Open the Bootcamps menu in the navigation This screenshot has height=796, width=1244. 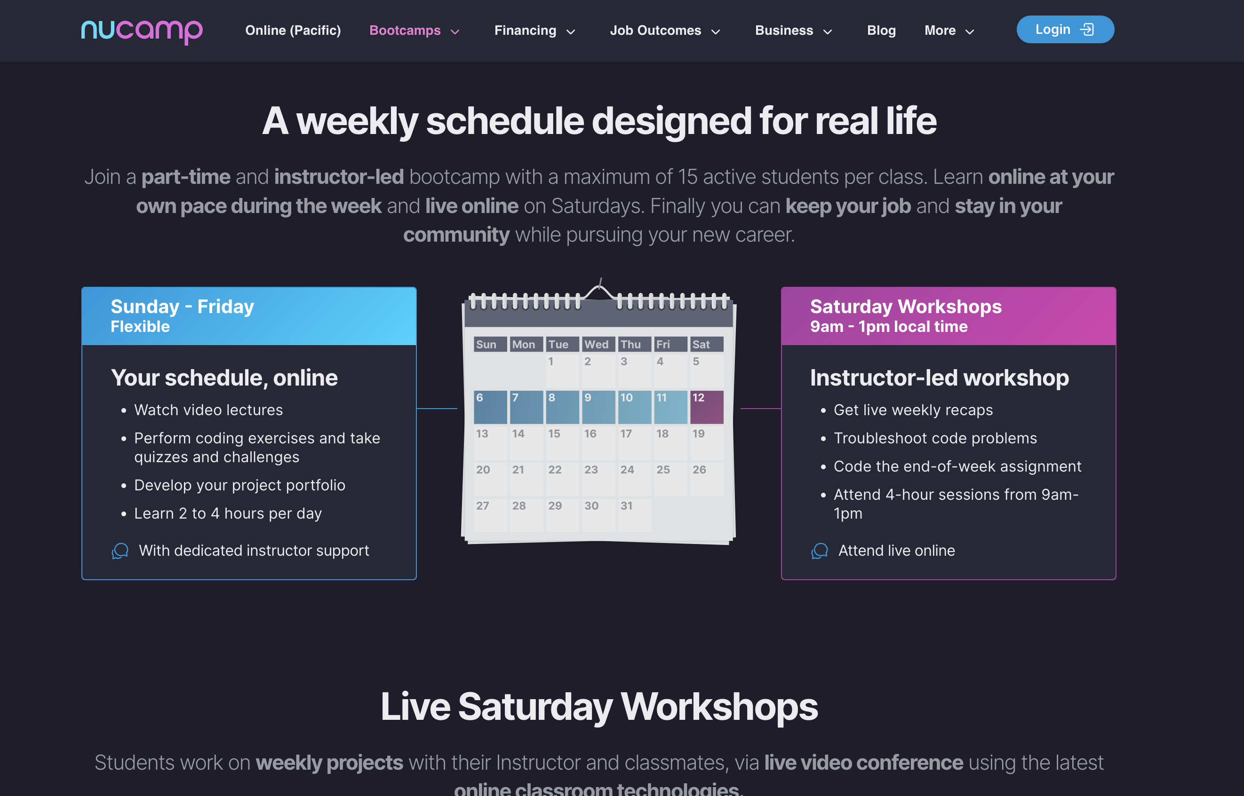pyautogui.click(x=415, y=31)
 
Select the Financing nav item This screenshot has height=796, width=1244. pyautogui.click(x=535, y=31)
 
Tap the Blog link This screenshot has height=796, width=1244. pyautogui.click(x=881, y=31)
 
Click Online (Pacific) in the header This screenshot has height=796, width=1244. pyautogui.click(x=293, y=31)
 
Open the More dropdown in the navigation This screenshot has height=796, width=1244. pyautogui.click(x=949, y=31)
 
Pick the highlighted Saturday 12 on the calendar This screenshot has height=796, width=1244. pyautogui.click(x=707, y=407)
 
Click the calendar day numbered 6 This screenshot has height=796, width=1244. pyautogui.click(x=490, y=407)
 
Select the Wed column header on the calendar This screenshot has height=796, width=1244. pyautogui.click(x=597, y=344)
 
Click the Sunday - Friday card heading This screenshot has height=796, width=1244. pyautogui.click(x=182, y=307)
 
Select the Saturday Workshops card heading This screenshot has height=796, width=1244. pyautogui.click(x=906, y=307)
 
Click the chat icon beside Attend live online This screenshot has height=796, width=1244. pyautogui.click(x=819, y=551)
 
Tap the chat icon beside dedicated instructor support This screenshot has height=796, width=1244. pyautogui.click(x=120, y=551)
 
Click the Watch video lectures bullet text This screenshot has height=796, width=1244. pyautogui.click(x=208, y=410)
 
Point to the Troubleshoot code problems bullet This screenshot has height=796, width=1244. pyautogui.click(x=935, y=438)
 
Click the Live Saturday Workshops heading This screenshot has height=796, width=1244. pyautogui.click(x=599, y=707)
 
